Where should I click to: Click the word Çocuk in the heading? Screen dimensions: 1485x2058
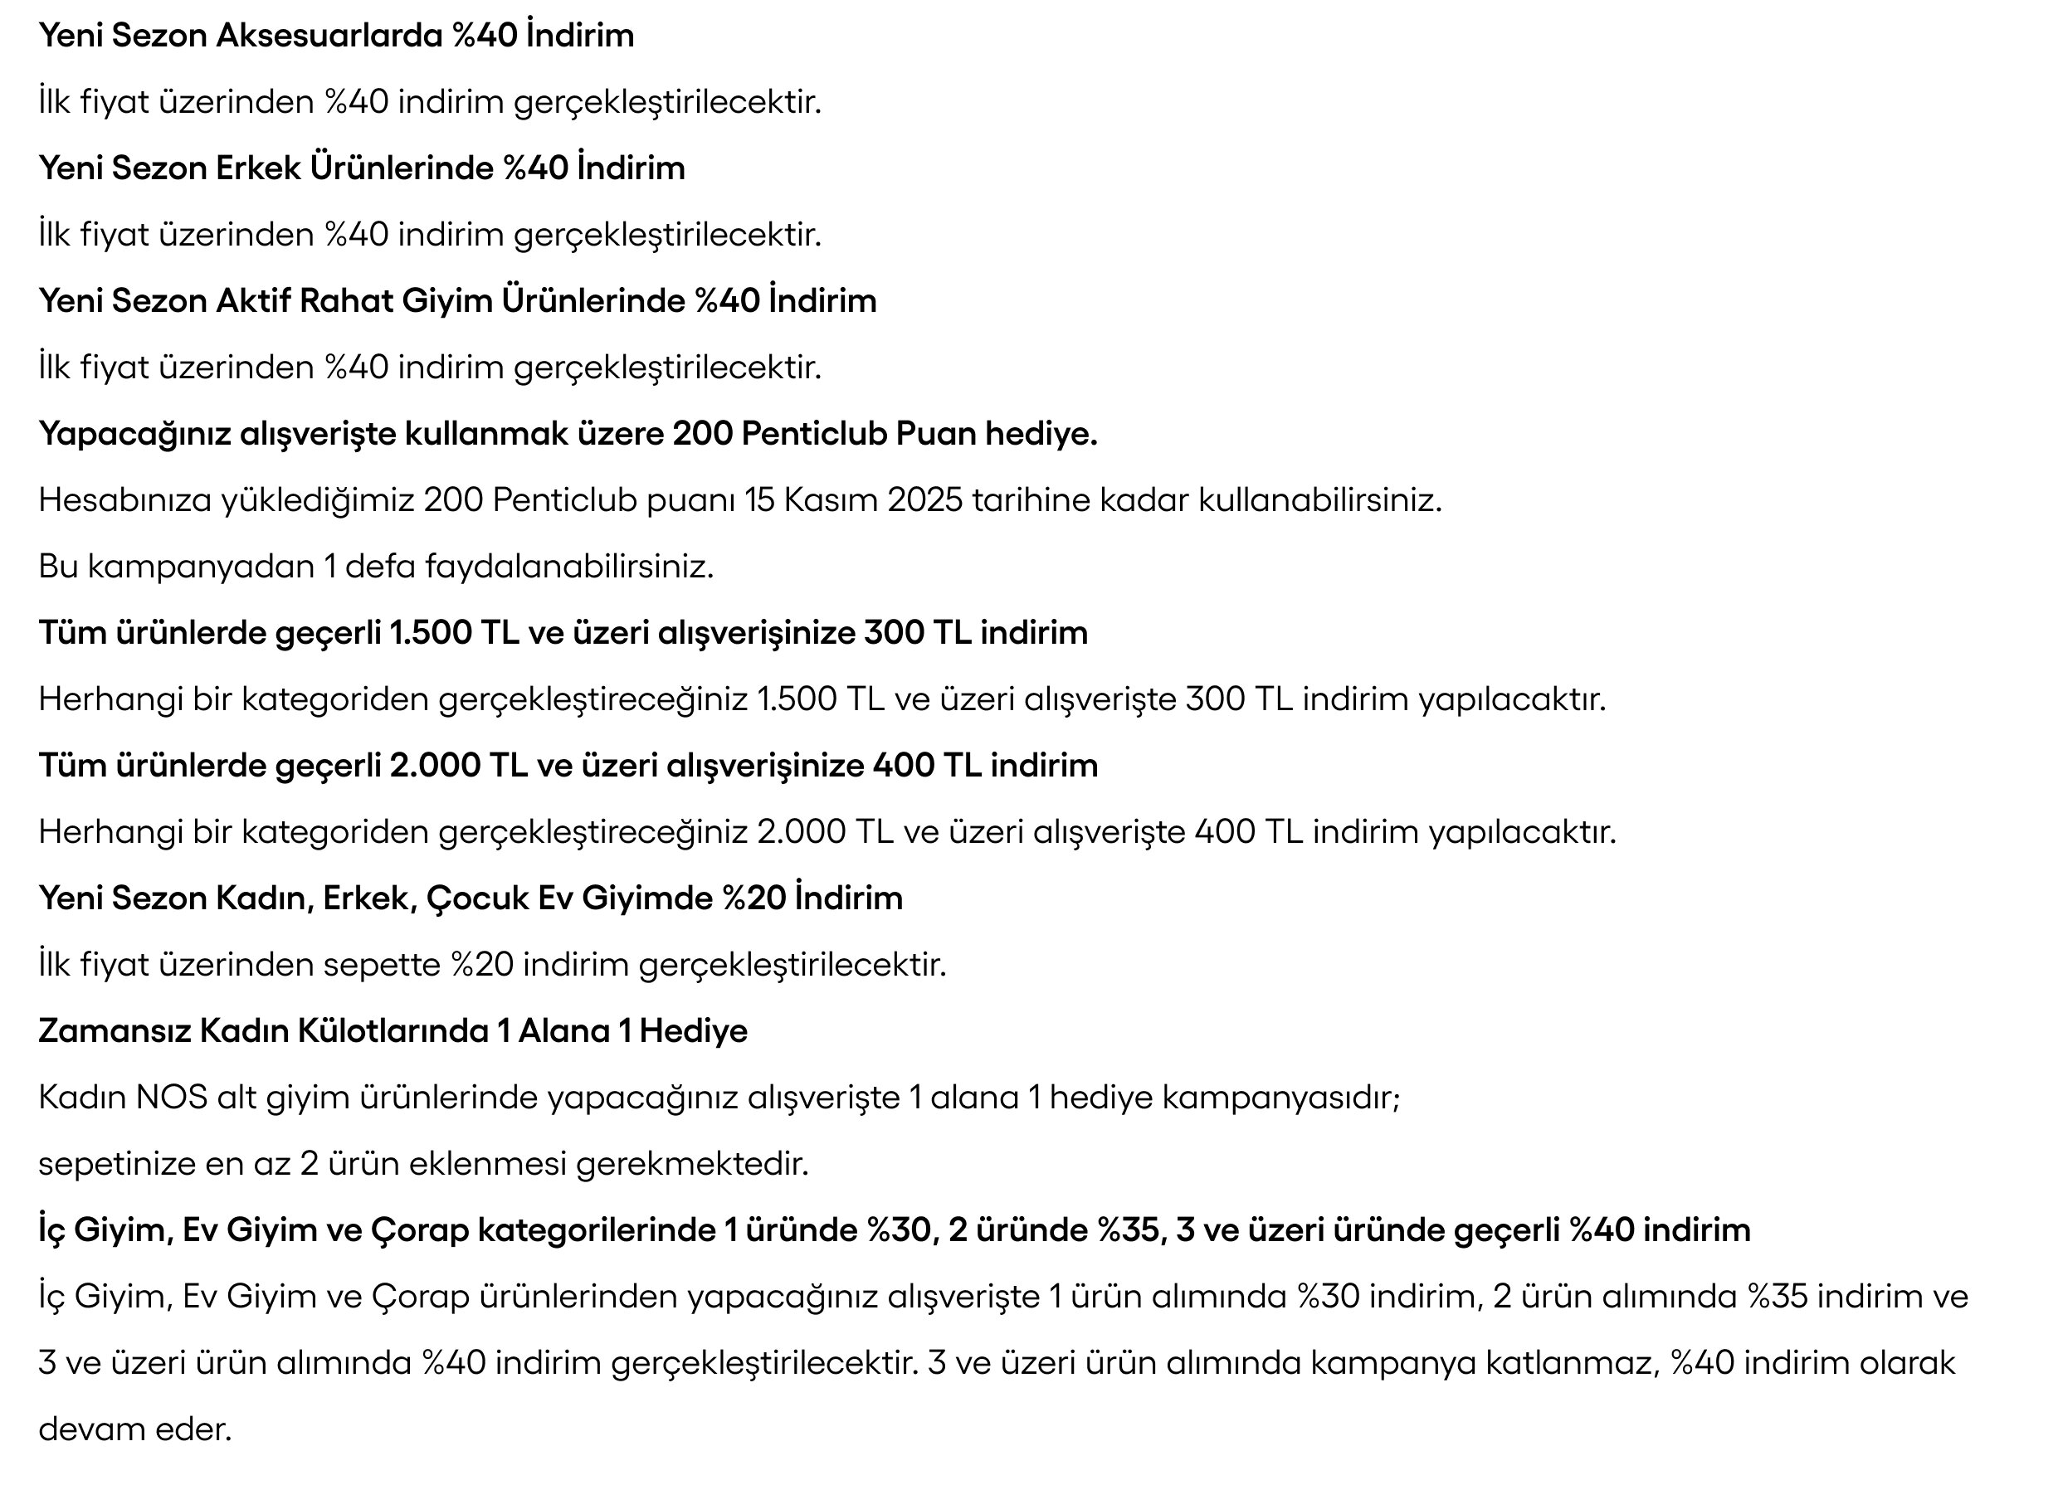477,898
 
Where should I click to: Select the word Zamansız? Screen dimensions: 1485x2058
114,1031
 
